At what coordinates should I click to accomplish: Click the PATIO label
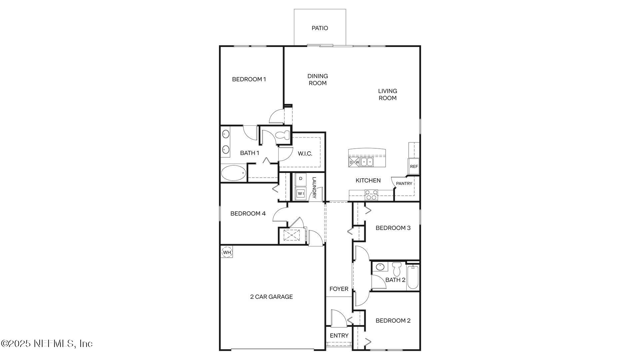point(320,28)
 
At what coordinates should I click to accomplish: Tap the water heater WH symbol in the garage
point(227,252)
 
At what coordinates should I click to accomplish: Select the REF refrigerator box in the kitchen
point(414,166)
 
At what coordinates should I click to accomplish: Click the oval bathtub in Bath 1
point(233,173)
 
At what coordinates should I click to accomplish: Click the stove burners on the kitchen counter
point(371,195)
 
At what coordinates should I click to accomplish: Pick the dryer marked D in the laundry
point(301,179)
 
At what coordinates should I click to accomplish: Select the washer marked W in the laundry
point(301,193)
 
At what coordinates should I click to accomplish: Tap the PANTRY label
point(404,184)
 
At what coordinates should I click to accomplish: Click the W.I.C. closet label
point(305,154)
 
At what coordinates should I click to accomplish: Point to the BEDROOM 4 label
point(248,213)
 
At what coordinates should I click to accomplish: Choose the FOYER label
point(339,289)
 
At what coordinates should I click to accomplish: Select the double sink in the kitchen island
point(367,162)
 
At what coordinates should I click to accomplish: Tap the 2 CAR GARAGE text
point(271,297)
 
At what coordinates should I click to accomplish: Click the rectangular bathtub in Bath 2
point(413,277)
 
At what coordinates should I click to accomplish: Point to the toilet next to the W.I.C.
point(284,135)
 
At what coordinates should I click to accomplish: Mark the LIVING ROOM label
point(387,94)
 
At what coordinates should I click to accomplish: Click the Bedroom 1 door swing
point(276,117)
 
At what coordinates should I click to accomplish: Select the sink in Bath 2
point(380,267)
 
